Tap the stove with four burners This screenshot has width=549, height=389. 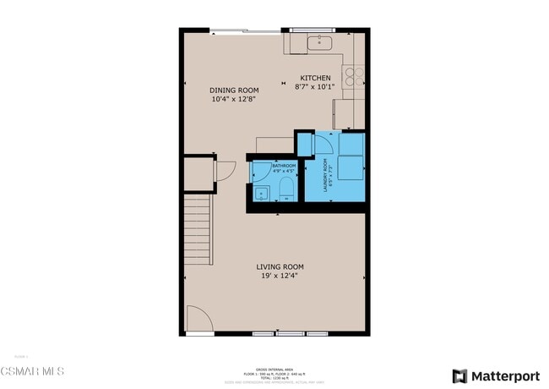(x=355, y=76)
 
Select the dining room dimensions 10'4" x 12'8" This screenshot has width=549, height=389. (x=234, y=98)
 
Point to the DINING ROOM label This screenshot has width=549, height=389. (x=234, y=90)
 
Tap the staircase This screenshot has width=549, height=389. (x=197, y=228)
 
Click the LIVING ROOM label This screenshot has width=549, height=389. (x=279, y=266)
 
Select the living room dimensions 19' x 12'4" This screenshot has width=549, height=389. (x=279, y=275)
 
